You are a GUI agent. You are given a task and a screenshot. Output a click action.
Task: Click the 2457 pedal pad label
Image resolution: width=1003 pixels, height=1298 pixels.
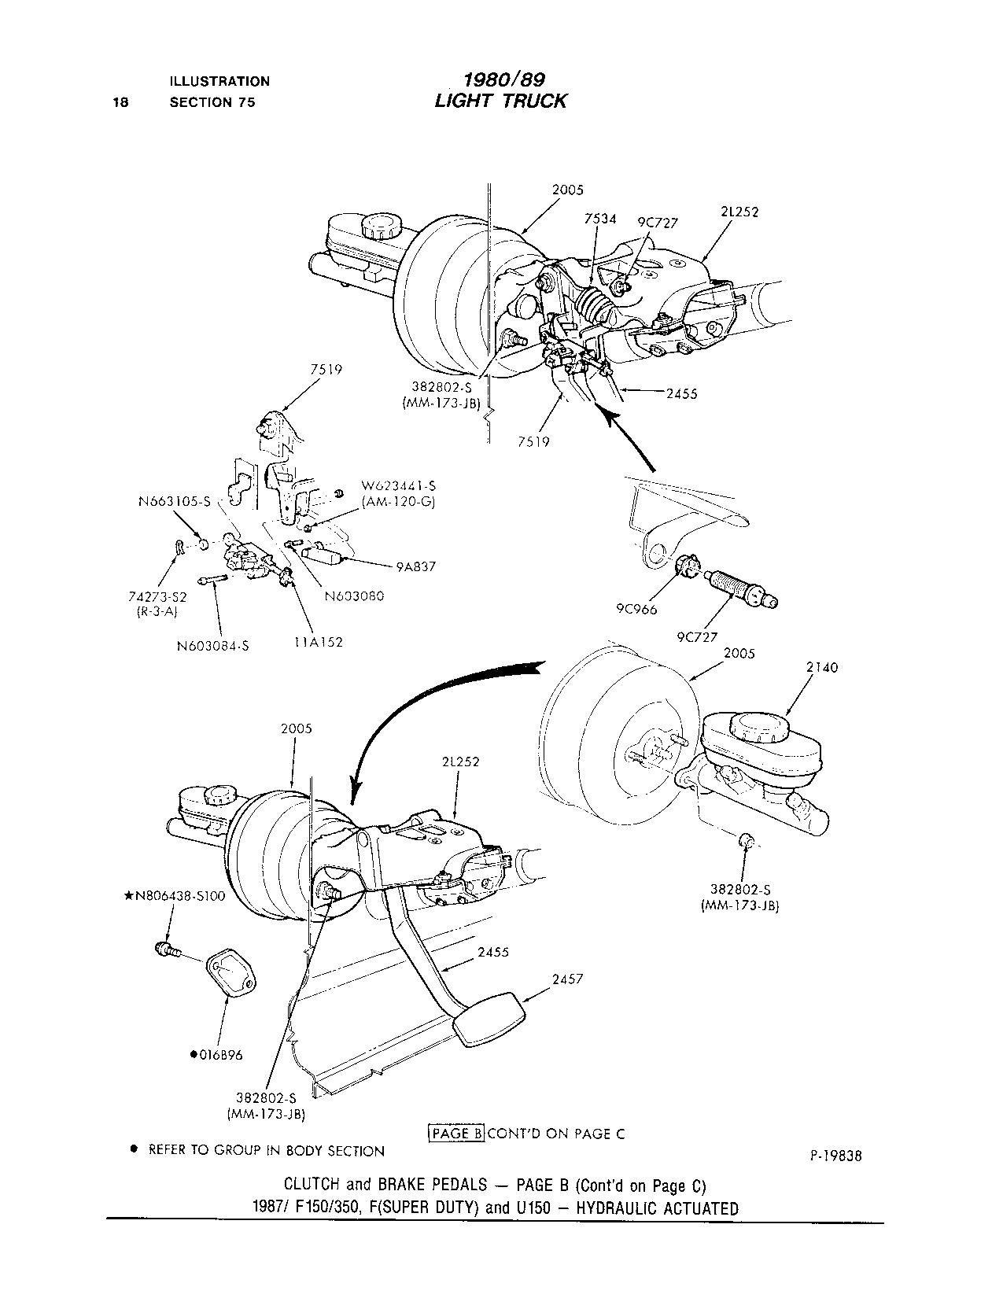tap(567, 979)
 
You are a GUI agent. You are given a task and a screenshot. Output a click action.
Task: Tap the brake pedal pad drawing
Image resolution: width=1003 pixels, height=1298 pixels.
tap(489, 1020)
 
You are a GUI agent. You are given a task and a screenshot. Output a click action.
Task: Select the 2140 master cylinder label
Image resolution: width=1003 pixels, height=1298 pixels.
tap(822, 667)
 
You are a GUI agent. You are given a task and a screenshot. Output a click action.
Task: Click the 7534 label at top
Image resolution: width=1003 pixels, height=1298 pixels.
tap(600, 219)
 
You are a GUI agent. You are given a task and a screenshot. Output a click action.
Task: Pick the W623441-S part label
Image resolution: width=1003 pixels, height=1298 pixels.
tap(398, 486)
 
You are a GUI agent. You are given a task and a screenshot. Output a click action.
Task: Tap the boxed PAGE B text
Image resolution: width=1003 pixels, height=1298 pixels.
tap(455, 1133)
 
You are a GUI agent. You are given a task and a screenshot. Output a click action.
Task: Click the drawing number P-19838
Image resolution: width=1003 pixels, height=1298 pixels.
tap(835, 1156)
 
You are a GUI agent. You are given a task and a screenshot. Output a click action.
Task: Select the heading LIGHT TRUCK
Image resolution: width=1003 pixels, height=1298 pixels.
tap(500, 101)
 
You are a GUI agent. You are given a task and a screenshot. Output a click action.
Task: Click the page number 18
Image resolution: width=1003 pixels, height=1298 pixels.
tap(120, 101)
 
